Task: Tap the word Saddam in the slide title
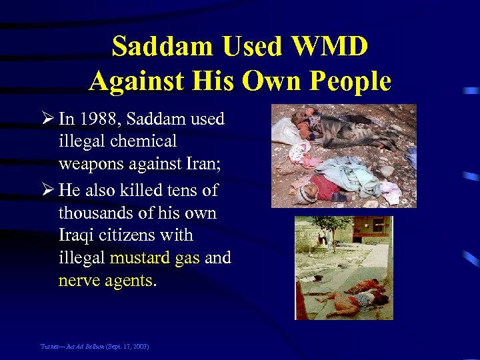154,47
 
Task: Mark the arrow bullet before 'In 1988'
48,119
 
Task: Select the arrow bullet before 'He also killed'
48,190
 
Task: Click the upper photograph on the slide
344,156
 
